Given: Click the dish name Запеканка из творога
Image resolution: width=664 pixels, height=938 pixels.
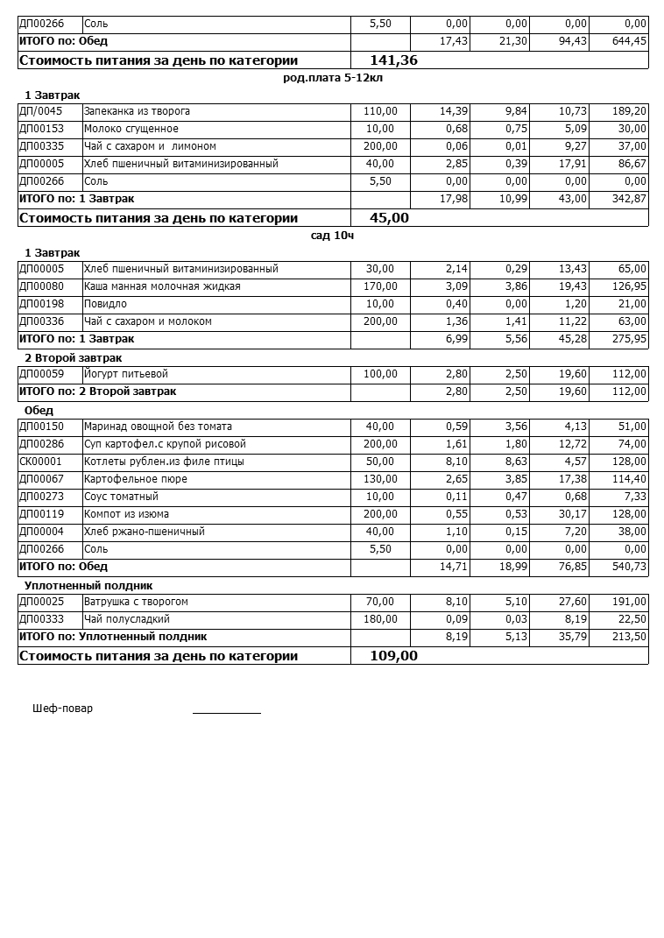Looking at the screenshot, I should [x=137, y=111].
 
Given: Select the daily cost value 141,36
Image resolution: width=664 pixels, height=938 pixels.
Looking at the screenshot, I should [x=383, y=60].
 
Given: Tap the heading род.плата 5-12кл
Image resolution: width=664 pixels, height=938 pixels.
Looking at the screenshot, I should [x=333, y=77].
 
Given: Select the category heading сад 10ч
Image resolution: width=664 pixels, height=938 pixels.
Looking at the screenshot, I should [x=332, y=235].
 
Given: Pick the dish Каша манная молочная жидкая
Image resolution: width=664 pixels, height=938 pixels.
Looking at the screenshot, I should [x=162, y=286].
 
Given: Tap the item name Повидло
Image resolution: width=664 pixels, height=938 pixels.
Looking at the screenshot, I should [x=105, y=304].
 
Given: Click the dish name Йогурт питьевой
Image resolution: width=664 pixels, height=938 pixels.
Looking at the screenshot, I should [x=126, y=374].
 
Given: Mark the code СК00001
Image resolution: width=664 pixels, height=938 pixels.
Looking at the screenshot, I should [x=41, y=462].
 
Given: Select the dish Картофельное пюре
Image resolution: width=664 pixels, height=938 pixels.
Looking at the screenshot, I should [x=136, y=479].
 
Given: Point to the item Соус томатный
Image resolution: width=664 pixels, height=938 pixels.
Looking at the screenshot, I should [x=121, y=497].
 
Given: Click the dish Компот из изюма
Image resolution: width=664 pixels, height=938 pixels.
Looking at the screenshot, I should [x=126, y=514].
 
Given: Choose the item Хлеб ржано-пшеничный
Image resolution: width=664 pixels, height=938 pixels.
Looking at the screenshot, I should [x=144, y=532].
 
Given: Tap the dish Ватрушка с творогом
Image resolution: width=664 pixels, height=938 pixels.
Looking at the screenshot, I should [x=136, y=602].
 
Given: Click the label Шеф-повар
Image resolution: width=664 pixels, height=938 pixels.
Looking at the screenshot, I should [x=62, y=709].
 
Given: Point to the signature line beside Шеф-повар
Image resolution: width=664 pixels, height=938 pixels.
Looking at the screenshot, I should [x=227, y=712].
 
